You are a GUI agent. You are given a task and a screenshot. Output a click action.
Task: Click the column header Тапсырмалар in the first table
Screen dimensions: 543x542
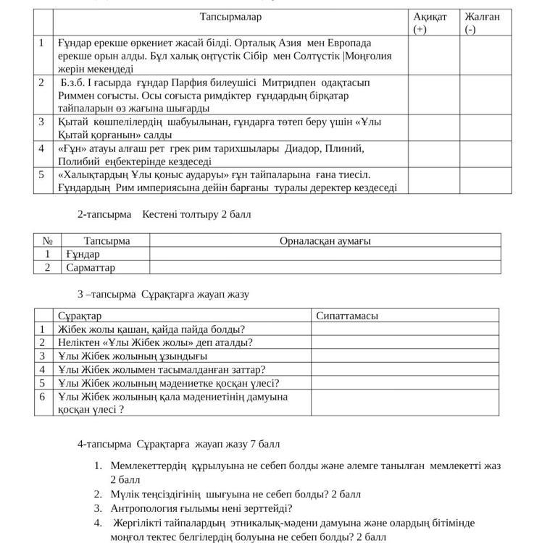click(x=230, y=17)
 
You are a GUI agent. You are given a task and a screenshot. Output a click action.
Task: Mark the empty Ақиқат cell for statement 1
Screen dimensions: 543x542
click(x=433, y=56)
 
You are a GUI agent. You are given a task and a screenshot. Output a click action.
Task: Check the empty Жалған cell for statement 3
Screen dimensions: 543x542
click(x=485, y=128)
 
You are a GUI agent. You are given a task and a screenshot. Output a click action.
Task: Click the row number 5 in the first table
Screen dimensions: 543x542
click(x=42, y=174)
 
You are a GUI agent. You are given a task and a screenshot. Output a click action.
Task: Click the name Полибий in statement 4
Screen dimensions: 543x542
click(x=78, y=161)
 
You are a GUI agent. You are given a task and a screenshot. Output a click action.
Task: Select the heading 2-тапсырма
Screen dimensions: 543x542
click(x=104, y=214)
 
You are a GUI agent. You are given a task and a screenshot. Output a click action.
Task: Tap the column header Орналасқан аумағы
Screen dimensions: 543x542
click(x=325, y=241)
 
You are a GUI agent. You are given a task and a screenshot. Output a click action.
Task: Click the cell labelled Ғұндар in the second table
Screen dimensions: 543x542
click(x=83, y=254)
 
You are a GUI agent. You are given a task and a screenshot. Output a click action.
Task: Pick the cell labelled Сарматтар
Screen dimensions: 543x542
click(x=91, y=267)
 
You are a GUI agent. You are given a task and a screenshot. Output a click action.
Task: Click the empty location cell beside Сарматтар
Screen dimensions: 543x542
click(x=325, y=267)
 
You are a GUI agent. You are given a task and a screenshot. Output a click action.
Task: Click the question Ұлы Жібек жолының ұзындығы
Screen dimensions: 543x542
click(x=133, y=355)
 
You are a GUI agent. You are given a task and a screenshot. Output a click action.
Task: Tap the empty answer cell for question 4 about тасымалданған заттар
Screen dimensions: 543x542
click(x=405, y=369)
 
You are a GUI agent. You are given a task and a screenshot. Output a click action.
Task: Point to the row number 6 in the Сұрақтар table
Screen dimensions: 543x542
click(x=43, y=397)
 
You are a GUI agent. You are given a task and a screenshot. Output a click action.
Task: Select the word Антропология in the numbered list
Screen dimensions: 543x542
click(x=143, y=508)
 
